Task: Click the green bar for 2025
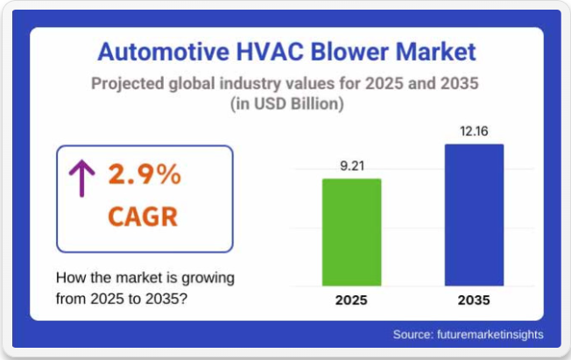[x=352, y=232]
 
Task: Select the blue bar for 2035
[x=474, y=215]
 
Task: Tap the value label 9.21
[x=352, y=166]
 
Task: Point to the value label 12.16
[x=474, y=131]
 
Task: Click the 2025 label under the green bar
[x=351, y=300]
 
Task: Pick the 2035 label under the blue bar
[x=474, y=300]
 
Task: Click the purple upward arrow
[x=82, y=179]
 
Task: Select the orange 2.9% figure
[x=145, y=173]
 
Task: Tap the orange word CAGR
[x=143, y=217]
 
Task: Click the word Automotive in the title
[x=164, y=52]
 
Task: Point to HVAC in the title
[x=270, y=52]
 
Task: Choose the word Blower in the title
[x=349, y=52]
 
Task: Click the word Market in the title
[x=436, y=52]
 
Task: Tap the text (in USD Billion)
[x=287, y=104]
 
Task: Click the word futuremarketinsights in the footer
[x=490, y=335]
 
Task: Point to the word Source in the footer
[x=413, y=335]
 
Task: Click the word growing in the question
[x=208, y=279]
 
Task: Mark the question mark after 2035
[x=184, y=299]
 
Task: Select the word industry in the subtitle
[x=250, y=84]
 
